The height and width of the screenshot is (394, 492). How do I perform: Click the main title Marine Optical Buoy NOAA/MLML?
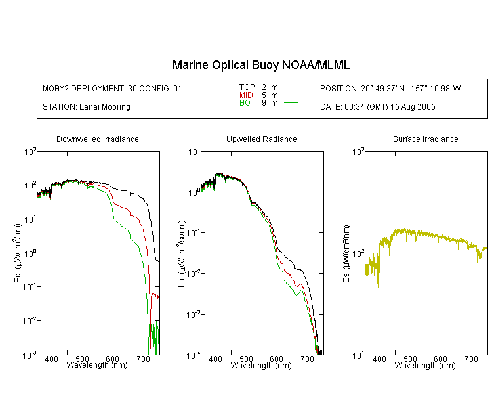(x=260, y=65)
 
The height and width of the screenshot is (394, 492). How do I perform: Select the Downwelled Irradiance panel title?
(x=98, y=139)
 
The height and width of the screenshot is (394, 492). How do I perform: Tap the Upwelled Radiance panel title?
(x=262, y=139)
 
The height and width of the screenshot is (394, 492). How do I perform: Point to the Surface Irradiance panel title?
(x=426, y=139)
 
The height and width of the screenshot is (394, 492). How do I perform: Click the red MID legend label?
(x=246, y=95)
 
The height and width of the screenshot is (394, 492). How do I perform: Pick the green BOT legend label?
(x=247, y=103)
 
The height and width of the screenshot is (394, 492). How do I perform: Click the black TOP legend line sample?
(x=291, y=87)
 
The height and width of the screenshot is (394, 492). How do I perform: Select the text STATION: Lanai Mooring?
(x=87, y=107)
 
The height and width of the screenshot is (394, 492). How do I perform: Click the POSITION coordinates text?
(x=390, y=89)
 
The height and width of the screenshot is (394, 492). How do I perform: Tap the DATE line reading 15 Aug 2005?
(x=377, y=107)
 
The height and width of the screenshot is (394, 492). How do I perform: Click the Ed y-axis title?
(x=18, y=253)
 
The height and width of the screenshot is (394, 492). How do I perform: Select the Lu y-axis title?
(x=182, y=253)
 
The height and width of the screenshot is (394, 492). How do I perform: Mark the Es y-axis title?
(x=346, y=254)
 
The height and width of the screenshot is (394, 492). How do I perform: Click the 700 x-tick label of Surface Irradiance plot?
(x=471, y=359)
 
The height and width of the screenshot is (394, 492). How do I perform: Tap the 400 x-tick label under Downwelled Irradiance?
(x=51, y=359)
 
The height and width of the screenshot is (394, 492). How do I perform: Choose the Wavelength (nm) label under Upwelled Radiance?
(x=261, y=365)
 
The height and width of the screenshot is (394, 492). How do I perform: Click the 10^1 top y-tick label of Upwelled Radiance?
(x=194, y=152)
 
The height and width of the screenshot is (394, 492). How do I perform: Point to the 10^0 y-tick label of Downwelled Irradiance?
(x=30, y=253)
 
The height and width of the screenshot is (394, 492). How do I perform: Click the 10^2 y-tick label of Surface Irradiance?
(x=358, y=253)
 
